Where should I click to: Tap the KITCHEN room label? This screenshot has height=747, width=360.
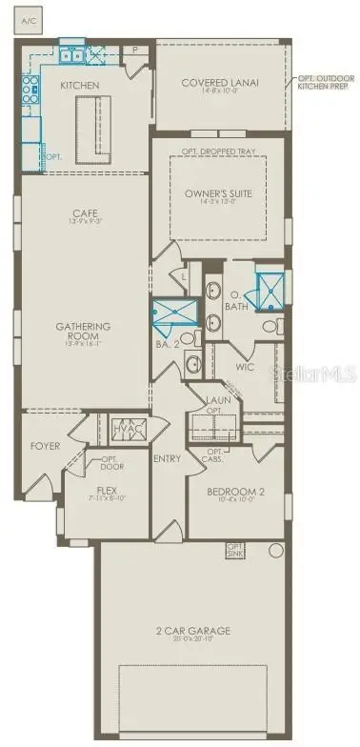(80, 85)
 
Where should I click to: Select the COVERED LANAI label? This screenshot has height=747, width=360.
(221, 83)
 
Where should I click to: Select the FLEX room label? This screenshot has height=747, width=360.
(106, 490)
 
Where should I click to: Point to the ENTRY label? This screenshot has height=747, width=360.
(168, 458)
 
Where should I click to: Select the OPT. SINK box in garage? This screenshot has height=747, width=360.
(234, 550)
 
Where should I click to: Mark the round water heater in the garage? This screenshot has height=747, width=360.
(276, 550)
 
